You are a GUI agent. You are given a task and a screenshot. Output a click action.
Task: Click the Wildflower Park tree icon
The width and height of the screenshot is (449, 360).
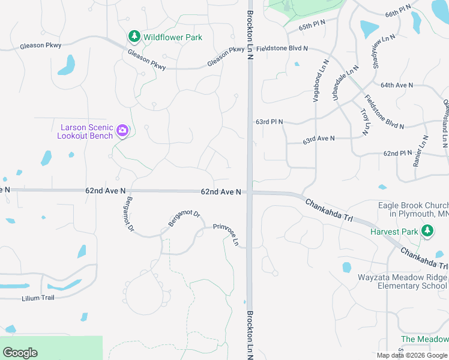click(134, 37)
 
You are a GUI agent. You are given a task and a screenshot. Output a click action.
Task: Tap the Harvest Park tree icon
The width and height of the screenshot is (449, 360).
click(427, 231)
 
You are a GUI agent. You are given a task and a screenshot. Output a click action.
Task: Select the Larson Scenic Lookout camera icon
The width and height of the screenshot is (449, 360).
click(122, 131)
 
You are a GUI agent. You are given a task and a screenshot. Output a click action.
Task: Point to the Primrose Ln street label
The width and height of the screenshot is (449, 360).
click(226, 236)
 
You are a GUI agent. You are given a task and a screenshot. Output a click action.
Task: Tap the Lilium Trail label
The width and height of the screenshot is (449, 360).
click(38, 298)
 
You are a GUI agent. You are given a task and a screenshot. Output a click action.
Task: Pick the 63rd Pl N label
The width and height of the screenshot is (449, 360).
click(269, 121)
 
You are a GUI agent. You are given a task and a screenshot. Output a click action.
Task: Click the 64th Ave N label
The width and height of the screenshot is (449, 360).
click(397, 85)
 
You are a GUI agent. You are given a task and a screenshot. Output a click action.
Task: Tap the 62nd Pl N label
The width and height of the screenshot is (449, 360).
click(398, 154)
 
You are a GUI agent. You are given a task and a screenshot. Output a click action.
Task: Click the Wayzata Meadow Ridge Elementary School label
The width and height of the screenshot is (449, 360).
click(403, 281)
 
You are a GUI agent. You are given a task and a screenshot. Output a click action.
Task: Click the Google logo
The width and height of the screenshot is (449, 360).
click(20, 353)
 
